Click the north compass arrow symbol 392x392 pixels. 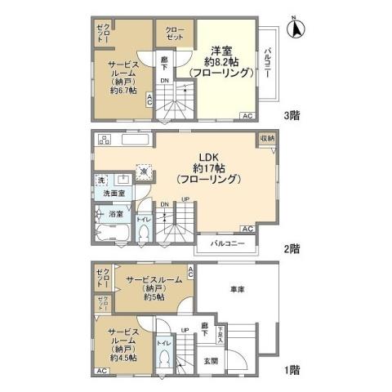click(x=297, y=30)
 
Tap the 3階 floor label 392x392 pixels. click(x=292, y=116)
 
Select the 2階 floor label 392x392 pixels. click(x=292, y=248)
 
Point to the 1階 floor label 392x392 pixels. click(x=292, y=370)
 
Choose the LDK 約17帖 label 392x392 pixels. click(x=208, y=167)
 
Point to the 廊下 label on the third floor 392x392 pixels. click(x=164, y=61)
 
